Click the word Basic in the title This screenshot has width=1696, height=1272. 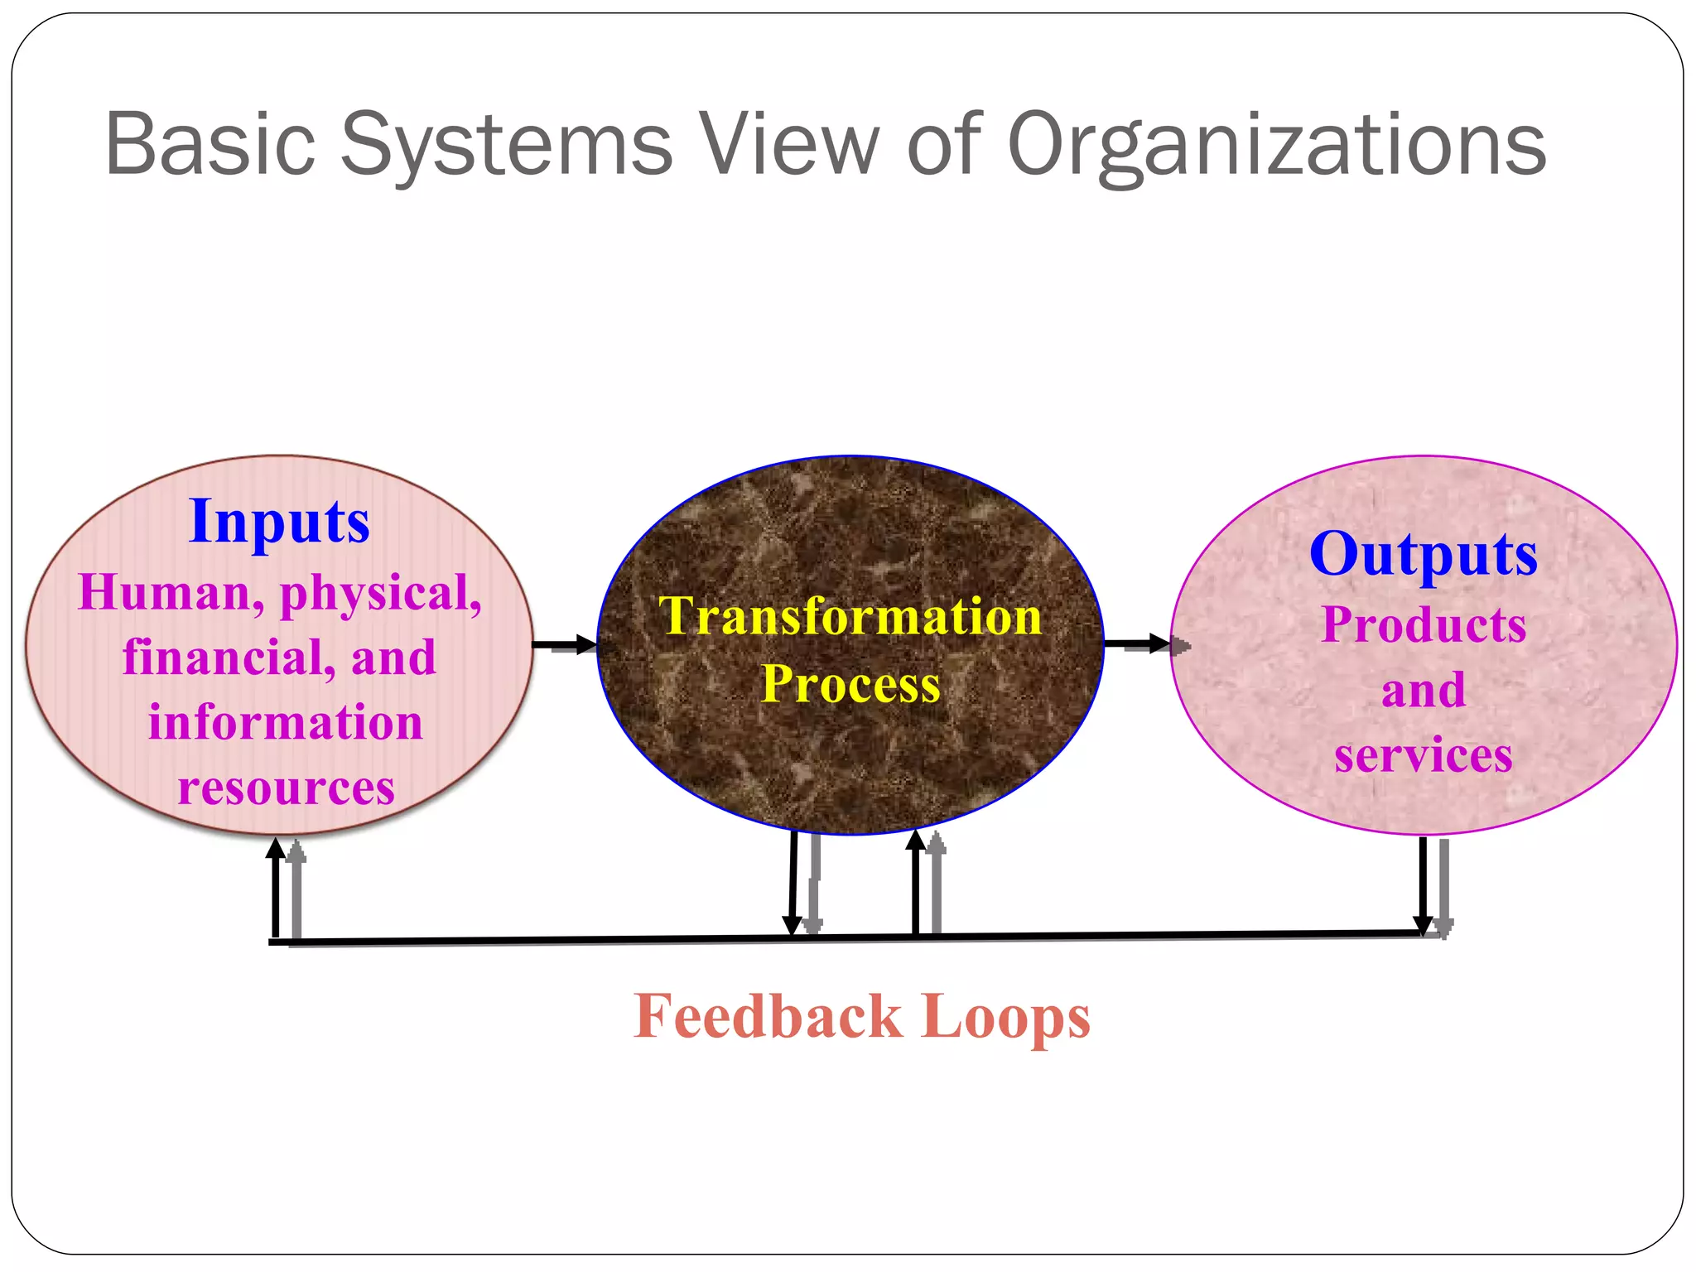[x=210, y=145]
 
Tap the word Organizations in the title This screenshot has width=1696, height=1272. [x=1276, y=145]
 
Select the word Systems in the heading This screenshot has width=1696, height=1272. [x=506, y=145]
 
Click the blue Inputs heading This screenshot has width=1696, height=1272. [x=279, y=522]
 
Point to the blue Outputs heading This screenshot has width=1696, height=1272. [x=1423, y=553]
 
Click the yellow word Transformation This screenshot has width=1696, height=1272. [x=850, y=616]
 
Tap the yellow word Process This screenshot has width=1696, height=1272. [x=850, y=684]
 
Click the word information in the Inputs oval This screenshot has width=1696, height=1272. [x=286, y=722]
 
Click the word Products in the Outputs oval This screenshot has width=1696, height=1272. [x=1423, y=624]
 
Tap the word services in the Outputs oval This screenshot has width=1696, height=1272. [x=1423, y=755]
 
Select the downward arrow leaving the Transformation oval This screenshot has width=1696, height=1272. [x=793, y=882]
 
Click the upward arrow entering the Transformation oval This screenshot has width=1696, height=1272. [x=915, y=882]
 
